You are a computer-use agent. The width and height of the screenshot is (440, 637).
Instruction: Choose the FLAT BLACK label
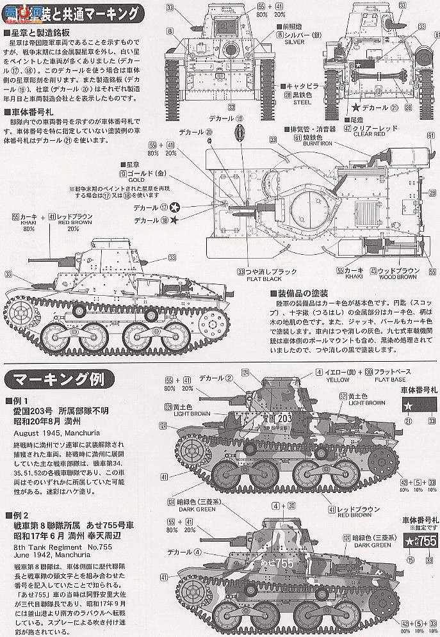(x=261, y=279)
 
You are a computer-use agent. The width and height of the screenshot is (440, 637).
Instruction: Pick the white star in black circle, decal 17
(x=174, y=207)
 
